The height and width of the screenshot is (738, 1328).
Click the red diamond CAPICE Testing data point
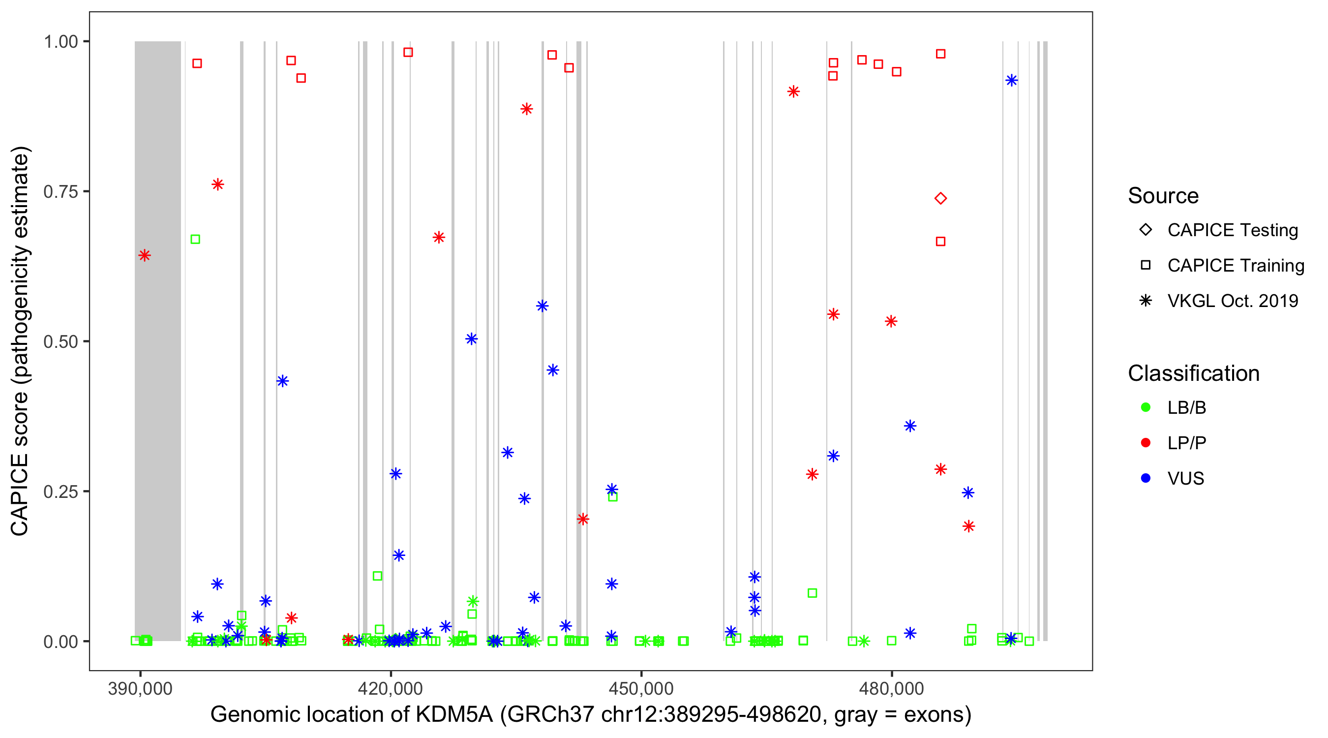click(x=940, y=199)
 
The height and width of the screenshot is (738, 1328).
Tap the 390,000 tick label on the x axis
click(x=140, y=688)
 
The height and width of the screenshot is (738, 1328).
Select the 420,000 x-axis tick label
click(x=390, y=688)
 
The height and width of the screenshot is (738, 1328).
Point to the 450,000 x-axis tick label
click(x=641, y=688)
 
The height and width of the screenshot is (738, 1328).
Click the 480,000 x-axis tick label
click(x=891, y=688)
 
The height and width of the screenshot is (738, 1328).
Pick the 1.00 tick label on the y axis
click(x=60, y=42)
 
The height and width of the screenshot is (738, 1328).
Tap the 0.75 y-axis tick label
click(x=60, y=192)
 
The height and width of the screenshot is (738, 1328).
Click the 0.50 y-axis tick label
click(x=60, y=341)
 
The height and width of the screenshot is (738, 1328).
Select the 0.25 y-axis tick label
click(x=60, y=492)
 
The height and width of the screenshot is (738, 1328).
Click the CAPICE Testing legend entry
click(x=1232, y=230)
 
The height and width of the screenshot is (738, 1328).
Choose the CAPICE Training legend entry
click(x=1235, y=266)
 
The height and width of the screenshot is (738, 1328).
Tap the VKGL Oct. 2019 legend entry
click(x=1232, y=301)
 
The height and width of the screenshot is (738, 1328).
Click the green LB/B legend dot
click(x=1146, y=407)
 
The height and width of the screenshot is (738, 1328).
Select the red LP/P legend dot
click(x=1146, y=443)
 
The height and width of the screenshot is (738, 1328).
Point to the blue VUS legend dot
click(x=1146, y=479)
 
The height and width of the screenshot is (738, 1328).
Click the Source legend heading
click(x=1163, y=196)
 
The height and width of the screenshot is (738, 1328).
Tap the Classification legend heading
click(x=1193, y=373)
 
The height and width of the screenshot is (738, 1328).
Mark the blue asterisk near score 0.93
click(x=1011, y=81)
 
